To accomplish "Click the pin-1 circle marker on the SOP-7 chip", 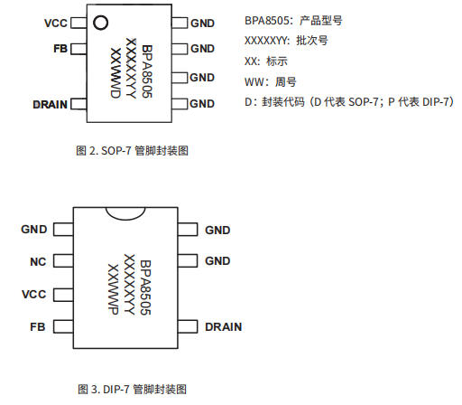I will tap(101, 21).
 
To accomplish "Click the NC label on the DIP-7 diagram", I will tap(37, 262).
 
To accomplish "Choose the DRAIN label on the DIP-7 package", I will tap(223, 326).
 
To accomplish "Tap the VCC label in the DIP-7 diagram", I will tap(33, 294).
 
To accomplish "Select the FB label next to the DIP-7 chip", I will tap(37, 326).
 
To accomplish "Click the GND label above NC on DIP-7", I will tap(34, 230).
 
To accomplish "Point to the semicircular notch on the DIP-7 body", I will tap(125, 214).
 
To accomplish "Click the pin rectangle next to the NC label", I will tap(62, 262).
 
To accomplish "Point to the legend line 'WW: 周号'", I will tap(270, 81).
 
